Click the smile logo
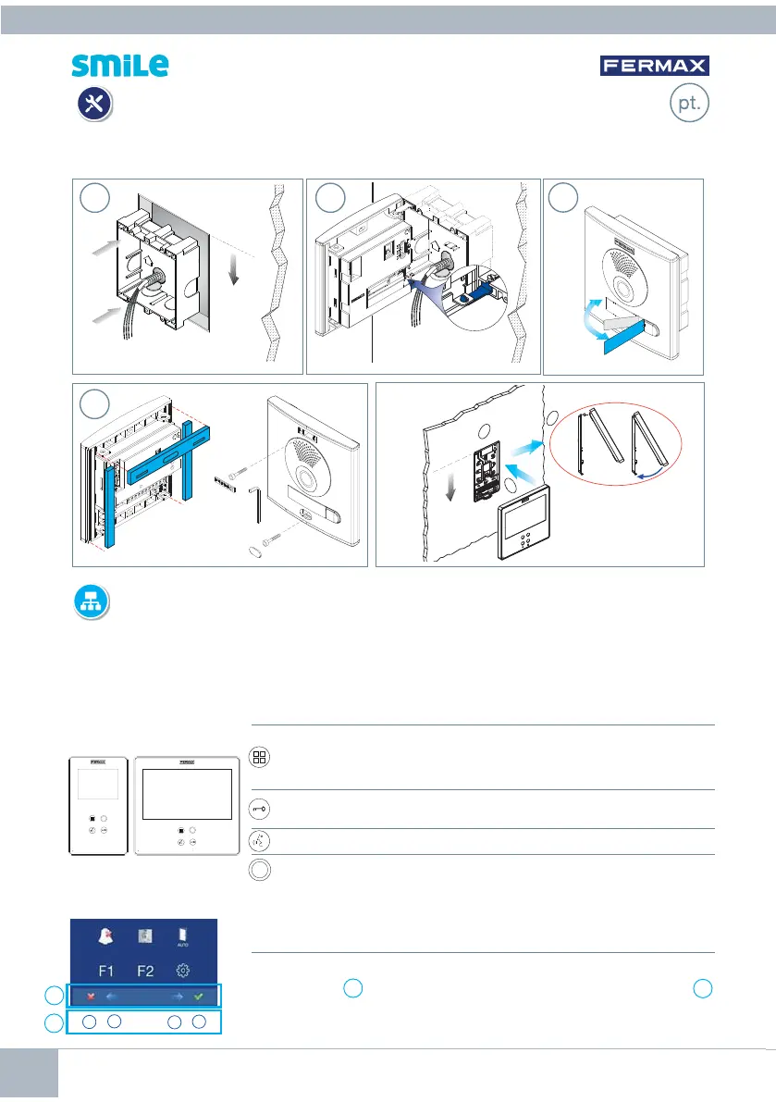(120, 66)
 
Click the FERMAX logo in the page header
(654, 66)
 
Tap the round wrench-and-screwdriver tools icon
(94, 104)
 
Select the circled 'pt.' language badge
(689, 103)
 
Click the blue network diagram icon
(92, 602)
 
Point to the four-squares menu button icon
(259, 757)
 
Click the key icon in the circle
(259, 809)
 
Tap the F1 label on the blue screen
(106, 971)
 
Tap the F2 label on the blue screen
(145, 971)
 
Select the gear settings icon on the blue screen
(182, 971)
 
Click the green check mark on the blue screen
(198, 996)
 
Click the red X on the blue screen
(91, 997)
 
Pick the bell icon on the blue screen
(106, 936)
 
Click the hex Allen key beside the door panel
(255, 504)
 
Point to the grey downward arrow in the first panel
(234, 270)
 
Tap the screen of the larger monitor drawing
(187, 794)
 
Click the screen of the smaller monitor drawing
(98, 783)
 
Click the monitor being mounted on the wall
(523, 521)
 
